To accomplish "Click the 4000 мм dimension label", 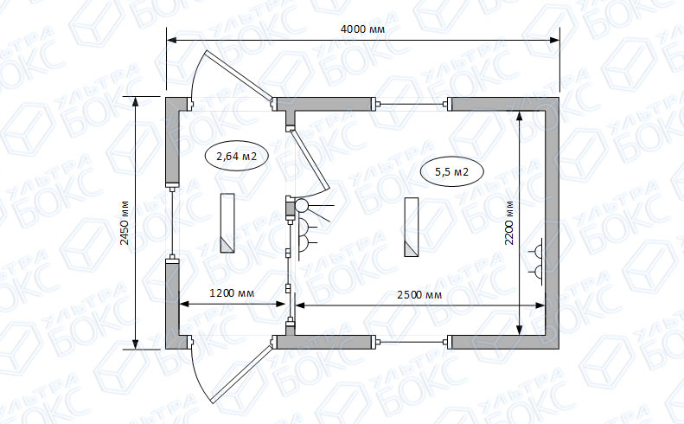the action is [362, 29].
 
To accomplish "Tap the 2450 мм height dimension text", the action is [125, 222].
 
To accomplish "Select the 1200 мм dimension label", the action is [232, 292].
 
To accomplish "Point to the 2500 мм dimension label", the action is [419, 295].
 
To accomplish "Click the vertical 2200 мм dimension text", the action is [509, 222].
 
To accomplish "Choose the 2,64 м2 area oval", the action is [236, 156].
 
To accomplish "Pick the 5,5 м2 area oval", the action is [452, 171].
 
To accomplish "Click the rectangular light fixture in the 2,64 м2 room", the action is [227, 222].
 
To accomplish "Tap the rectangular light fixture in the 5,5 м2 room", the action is [412, 227].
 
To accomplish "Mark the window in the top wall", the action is [412, 104].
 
